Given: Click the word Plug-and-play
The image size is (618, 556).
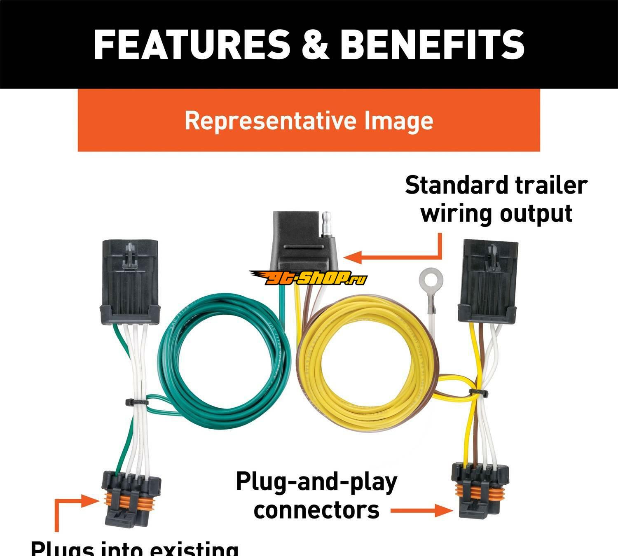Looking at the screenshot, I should pos(316,482).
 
